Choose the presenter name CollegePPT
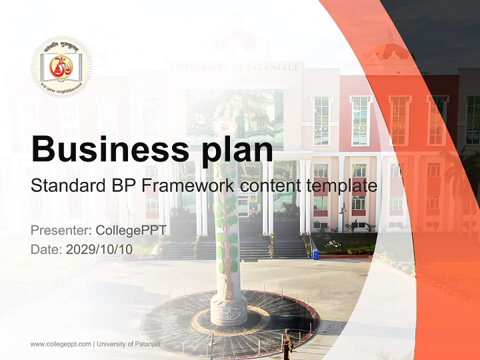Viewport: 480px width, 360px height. coord(131,230)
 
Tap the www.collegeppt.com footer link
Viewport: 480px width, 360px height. coord(60,344)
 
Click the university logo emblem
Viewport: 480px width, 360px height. coord(61,66)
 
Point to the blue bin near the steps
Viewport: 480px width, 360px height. coord(315,254)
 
